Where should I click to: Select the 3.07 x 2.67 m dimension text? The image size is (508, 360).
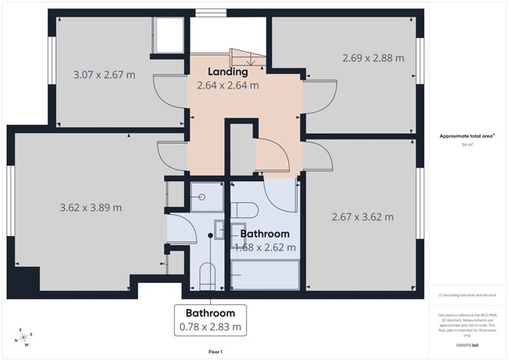pyautogui.click(x=103, y=75)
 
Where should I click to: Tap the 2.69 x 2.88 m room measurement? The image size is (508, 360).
pyautogui.click(x=373, y=58)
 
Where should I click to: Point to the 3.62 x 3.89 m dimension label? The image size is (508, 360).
pyautogui.click(x=90, y=207)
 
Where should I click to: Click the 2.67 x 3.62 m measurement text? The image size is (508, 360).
pyautogui.click(x=363, y=217)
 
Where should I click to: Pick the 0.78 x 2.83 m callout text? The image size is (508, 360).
pyautogui.click(x=210, y=327)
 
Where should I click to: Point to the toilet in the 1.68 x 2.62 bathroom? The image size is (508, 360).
pyautogui.click(x=245, y=210)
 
